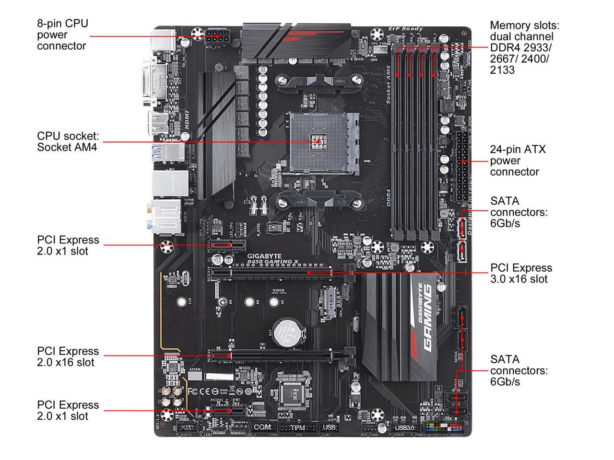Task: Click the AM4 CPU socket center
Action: [318, 142]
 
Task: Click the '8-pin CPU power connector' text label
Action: [62, 34]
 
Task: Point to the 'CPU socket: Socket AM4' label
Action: [68, 142]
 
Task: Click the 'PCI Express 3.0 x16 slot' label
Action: [521, 273]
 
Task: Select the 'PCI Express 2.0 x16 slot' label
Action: [68, 356]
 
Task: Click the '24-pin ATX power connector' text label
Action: [518, 161]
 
